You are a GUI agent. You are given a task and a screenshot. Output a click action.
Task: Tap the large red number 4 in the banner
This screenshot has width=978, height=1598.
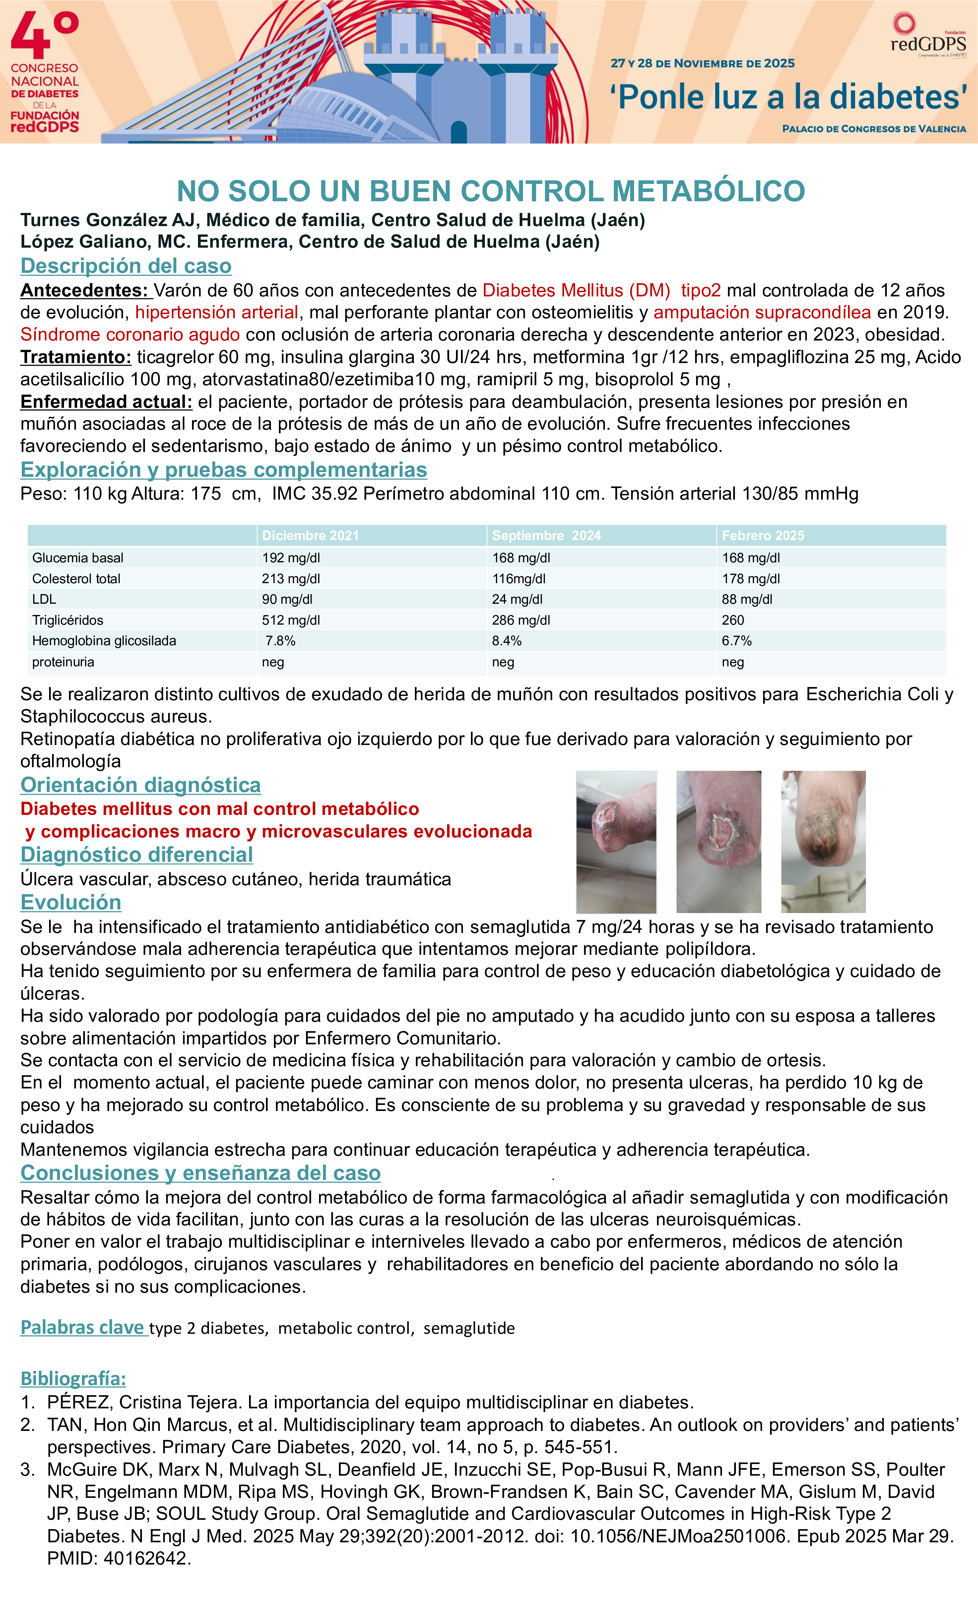[31, 36]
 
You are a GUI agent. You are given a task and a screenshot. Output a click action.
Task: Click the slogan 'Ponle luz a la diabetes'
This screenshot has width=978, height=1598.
[788, 97]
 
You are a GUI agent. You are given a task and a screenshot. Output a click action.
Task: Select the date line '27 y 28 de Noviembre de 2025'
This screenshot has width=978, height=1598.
[702, 64]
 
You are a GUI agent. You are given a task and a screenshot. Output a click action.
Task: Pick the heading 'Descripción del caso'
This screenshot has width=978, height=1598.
[126, 266]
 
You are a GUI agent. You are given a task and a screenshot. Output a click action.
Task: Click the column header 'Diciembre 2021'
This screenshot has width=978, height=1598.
[310, 536]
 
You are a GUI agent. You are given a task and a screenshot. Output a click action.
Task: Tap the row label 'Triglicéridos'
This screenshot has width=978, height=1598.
[67, 620]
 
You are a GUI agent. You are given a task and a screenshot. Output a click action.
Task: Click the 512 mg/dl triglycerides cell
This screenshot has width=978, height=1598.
[291, 620]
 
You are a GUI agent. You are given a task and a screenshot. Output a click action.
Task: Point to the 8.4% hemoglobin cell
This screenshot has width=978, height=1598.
[506, 641]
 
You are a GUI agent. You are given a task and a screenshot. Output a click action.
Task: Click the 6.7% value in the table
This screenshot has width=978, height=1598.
[737, 641]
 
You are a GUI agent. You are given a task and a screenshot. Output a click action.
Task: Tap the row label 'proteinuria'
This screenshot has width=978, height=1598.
[63, 662]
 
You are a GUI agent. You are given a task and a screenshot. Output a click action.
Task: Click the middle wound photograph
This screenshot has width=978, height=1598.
[719, 842]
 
